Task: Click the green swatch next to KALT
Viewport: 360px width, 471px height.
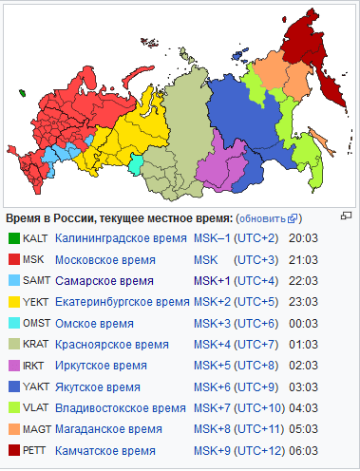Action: pos(13,237)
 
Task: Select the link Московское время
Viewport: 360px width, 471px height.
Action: pos(106,258)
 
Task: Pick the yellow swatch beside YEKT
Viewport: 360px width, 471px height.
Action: pos(13,302)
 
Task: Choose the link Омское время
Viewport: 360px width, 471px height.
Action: pos(94,323)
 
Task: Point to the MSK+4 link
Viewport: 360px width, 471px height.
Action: pos(211,344)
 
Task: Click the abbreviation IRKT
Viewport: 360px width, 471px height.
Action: pos(35,366)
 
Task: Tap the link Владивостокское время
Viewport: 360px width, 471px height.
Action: pos(121,407)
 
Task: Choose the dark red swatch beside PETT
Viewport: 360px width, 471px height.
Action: pos(13,450)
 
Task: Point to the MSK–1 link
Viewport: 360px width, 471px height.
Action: pos(211,237)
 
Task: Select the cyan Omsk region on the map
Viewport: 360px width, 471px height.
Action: pos(137,165)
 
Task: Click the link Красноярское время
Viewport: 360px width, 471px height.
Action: pos(112,344)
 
